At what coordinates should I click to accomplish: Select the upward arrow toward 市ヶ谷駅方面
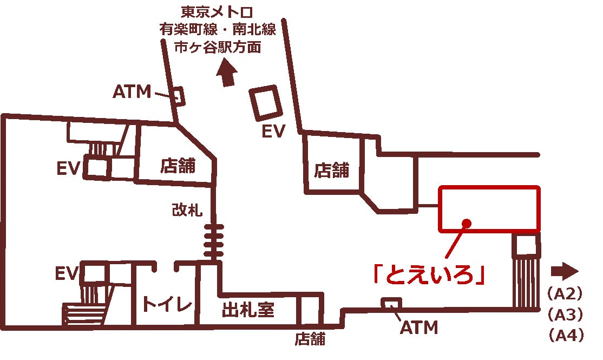[x=227, y=74]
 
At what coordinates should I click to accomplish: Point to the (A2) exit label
[x=565, y=294]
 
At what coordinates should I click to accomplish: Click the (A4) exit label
[x=565, y=336]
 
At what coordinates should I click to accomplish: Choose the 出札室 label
[x=248, y=310]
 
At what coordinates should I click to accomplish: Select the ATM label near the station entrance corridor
[x=132, y=93]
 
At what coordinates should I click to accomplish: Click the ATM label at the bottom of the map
[x=418, y=327]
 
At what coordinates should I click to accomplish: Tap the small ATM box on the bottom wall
[x=391, y=303]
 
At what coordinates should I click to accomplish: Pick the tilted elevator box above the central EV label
[x=266, y=103]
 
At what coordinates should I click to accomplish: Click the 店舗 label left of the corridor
[x=178, y=166]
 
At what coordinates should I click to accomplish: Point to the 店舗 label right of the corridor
[x=332, y=171]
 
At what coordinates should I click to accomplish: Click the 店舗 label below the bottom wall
[x=310, y=339]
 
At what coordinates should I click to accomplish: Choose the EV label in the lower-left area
[x=68, y=274]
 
